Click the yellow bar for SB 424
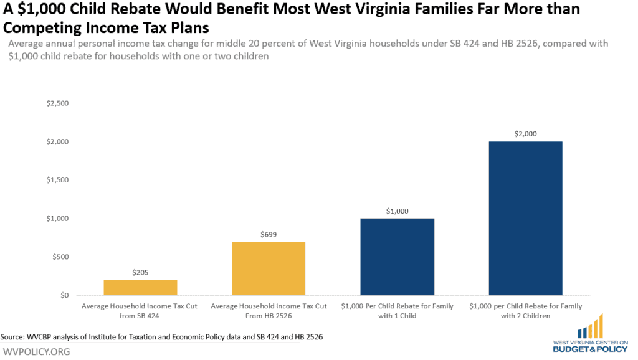[140, 287]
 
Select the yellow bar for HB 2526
[269, 268]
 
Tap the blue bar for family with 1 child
[397, 257]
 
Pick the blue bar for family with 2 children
[525, 218]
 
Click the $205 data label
[140, 272]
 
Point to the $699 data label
[269, 235]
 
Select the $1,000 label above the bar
[397, 211]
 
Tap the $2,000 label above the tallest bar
[525, 134]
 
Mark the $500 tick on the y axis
[58, 257]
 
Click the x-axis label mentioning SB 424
[140, 311]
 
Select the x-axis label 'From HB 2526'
[269, 316]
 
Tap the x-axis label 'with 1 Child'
[397, 316]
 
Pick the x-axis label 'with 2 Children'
[525, 316]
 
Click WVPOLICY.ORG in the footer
[36, 352]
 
